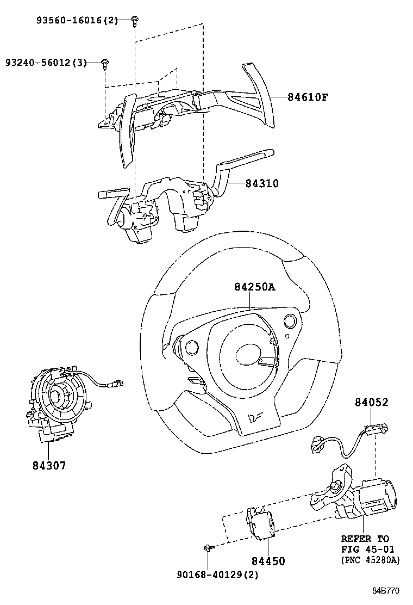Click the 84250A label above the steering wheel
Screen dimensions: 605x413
pyautogui.click(x=255, y=287)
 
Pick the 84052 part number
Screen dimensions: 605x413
pyautogui.click(x=372, y=403)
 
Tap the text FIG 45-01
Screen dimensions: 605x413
pyautogui.click(x=368, y=549)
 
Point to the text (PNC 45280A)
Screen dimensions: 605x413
pyautogui.click(x=370, y=560)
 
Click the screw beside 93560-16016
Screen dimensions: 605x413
pyautogui.click(x=134, y=21)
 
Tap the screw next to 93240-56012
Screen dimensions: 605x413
pyautogui.click(x=105, y=64)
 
